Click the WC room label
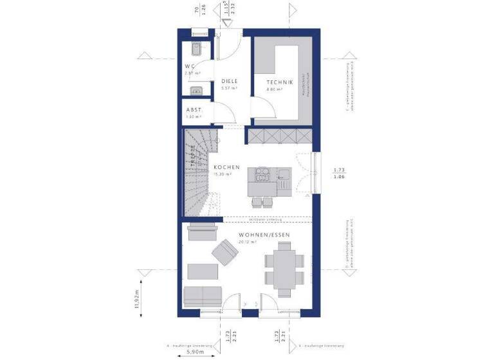coord(190,66)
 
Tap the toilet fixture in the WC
coord(196,48)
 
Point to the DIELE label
coord(230,81)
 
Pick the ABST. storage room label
coord(194,110)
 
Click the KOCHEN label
coord(226,167)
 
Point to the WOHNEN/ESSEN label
coord(264,235)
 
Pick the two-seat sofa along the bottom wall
coord(202,296)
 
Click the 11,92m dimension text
coord(137,299)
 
